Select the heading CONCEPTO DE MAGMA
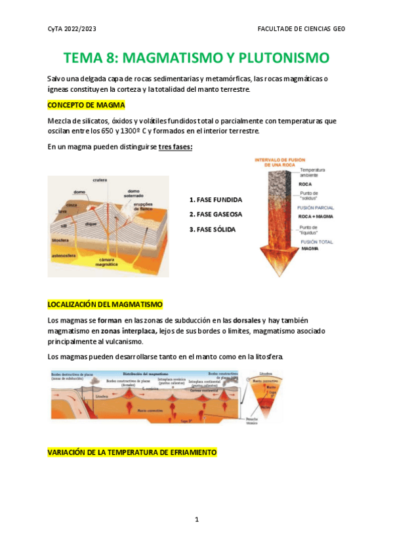(x=86, y=105)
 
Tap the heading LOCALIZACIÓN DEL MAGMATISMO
(x=105, y=305)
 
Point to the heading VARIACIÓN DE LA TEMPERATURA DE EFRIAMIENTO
(x=132, y=452)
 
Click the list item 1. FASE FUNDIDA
(x=215, y=199)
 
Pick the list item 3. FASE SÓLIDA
(x=212, y=229)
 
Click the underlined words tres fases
(x=175, y=147)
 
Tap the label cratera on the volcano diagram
(x=100, y=180)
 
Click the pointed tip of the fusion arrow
(x=270, y=273)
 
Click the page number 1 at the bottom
(x=196, y=519)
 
